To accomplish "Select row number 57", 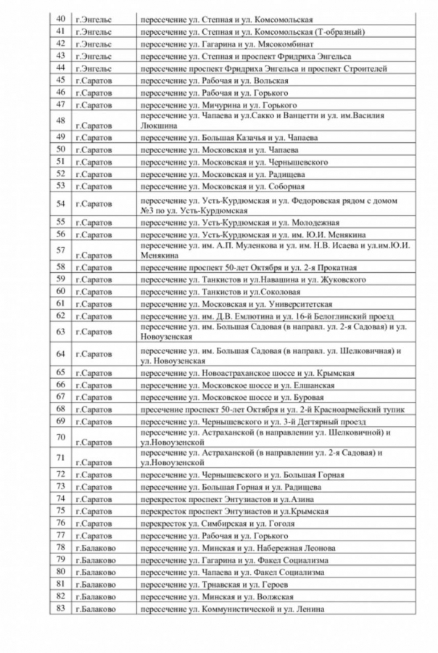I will point(60,250).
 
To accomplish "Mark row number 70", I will point(60,437).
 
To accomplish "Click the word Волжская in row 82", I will point(286,596).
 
